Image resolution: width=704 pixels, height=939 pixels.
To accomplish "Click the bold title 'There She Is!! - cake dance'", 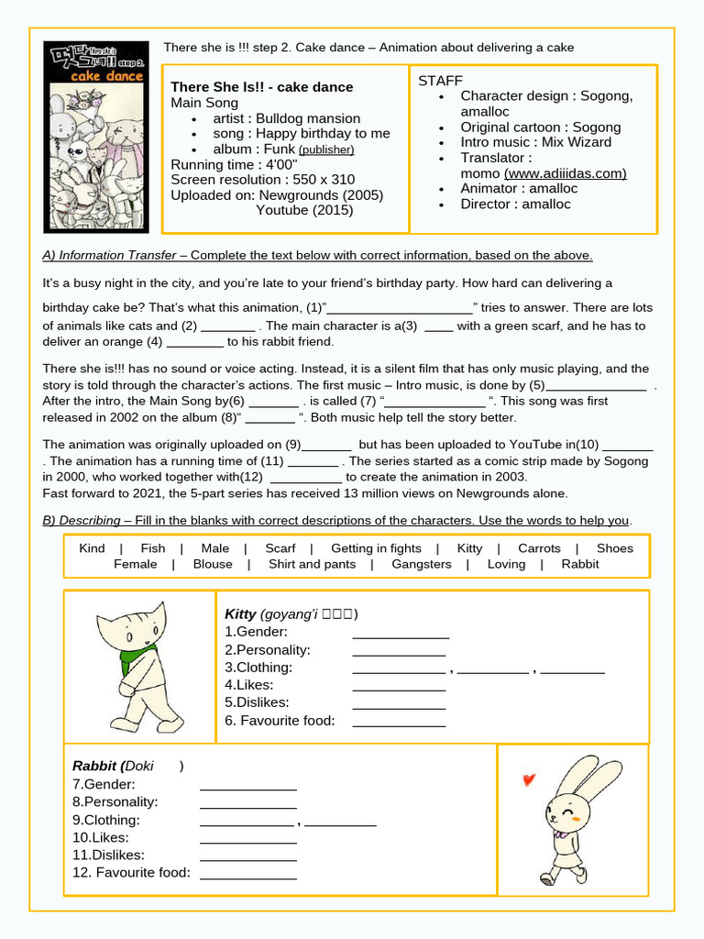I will (261, 87).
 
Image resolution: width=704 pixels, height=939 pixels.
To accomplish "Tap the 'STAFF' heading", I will (440, 81).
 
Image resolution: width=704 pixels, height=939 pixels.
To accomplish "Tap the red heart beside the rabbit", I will (528, 780).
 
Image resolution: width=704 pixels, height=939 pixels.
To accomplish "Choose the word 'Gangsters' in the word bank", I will (422, 564).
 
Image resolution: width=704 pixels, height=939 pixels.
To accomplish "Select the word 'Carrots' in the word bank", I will (539, 548).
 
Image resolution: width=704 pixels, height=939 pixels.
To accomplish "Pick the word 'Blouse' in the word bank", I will (213, 564).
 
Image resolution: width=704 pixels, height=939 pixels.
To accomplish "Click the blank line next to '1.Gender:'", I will (401, 634).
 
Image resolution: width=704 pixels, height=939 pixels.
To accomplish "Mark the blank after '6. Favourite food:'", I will (399, 722).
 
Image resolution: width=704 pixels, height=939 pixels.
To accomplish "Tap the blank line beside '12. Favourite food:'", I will (247, 874).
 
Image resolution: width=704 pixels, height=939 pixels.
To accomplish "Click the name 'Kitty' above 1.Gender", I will (240, 613).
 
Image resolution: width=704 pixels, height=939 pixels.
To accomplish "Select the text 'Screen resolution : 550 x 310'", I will (262, 180).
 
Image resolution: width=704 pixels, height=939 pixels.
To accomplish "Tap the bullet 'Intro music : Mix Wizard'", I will (535, 142).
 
